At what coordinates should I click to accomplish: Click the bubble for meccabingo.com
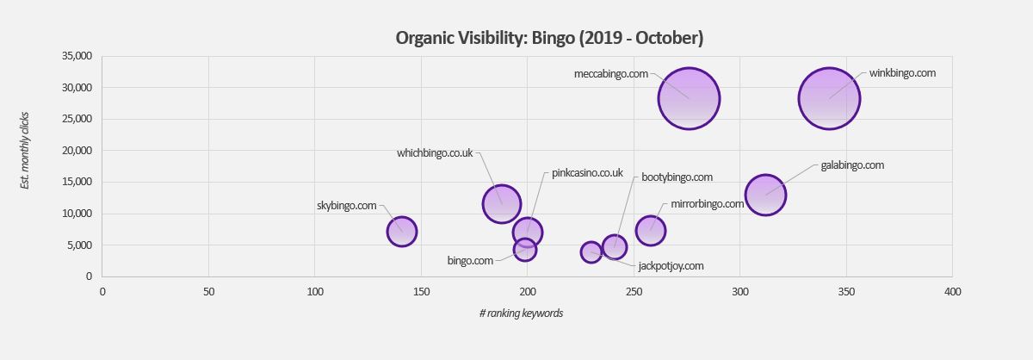(689, 98)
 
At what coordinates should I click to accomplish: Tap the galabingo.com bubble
(766, 195)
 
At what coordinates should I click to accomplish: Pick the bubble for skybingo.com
(402, 231)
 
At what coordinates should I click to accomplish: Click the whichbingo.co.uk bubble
(502, 204)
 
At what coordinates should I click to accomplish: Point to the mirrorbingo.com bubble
(651, 230)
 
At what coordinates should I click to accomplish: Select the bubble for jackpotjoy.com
(591, 252)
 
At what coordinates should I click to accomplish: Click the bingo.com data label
(470, 260)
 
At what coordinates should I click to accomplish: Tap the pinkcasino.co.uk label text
(587, 173)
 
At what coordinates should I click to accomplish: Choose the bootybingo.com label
(677, 177)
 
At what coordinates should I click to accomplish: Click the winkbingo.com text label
(902, 73)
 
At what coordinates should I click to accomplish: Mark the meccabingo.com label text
(610, 74)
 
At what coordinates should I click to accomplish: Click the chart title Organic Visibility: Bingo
(549, 38)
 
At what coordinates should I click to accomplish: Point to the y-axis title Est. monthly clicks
(25, 150)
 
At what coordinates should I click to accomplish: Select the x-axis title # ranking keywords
(521, 313)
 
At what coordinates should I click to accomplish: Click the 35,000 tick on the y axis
(77, 56)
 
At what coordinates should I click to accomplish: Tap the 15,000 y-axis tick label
(77, 182)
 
